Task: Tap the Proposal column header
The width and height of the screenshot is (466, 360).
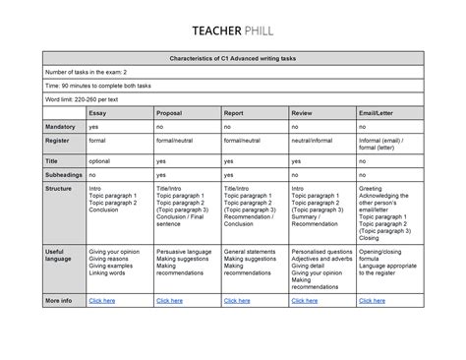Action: click(169, 113)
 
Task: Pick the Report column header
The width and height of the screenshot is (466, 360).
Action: click(234, 113)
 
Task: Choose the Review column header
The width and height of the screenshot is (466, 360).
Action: click(302, 113)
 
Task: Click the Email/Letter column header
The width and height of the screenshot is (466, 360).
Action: click(378, 113)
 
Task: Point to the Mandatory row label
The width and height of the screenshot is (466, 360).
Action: click(61, 127)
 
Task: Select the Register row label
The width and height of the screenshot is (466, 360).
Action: click(59, 141)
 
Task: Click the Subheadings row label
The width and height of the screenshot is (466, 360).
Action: click(65, 173)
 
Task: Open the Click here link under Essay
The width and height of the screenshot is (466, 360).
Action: click(102, 300)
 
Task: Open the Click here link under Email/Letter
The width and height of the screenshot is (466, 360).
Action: click(373, 300)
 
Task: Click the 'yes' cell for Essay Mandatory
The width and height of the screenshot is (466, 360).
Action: click(94, 127)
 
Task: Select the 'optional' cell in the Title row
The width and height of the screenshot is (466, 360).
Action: click(100, 159)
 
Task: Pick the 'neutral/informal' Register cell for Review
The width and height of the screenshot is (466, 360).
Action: click(314, 141)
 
